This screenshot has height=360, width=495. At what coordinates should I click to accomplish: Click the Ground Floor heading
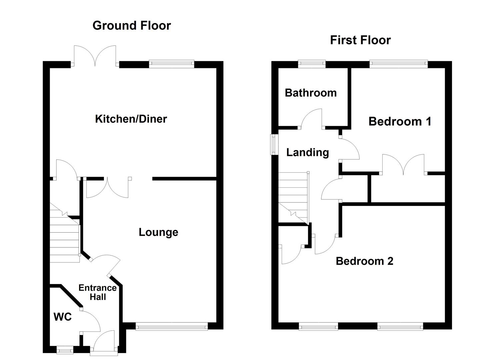click(x=132, y=26)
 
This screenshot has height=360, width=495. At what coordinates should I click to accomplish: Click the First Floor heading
click(x=360, y=40)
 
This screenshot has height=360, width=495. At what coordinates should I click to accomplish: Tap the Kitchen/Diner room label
click(x=131, y=119)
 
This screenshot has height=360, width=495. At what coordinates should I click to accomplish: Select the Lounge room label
click(x=158, y=232)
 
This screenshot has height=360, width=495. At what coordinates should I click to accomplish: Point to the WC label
click(x=63, y=317)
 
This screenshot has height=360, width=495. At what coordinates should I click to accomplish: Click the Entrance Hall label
click(x=97, y=292)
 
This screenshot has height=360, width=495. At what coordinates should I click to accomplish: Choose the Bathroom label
click(x=311, y=93)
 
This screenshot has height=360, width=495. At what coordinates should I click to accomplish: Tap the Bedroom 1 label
click(x=400, y=121)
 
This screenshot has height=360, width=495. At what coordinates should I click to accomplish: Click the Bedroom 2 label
click(x=364, y=261)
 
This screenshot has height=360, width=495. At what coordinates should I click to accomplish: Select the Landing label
click(x=307, y=152)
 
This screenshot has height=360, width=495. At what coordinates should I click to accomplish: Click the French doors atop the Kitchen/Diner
click(x=95, y=57)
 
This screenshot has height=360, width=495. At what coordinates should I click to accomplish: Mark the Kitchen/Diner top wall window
click(x=171, y=64)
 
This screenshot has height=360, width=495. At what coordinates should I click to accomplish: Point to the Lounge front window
click(x=172, y=327)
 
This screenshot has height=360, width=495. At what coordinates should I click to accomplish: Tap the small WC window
click(x=65, y=350)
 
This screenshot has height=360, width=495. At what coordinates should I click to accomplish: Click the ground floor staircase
click(x=65, y=235)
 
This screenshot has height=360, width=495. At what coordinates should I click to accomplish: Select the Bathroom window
click(x=312, y=64)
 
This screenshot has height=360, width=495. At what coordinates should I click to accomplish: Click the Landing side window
click(x=274, y=144)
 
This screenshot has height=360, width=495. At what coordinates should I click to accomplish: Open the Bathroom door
click(x=312, y=119)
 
